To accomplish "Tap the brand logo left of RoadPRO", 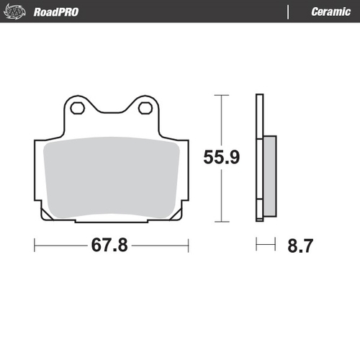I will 20,12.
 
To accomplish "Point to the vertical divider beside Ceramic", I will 288,12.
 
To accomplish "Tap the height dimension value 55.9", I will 220,157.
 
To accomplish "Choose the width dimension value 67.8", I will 109,246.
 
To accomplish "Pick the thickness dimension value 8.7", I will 300,246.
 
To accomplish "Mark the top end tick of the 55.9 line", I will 220,95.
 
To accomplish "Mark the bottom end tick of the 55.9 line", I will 220,221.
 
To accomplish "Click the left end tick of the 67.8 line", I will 35,246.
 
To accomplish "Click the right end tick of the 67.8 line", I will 188,246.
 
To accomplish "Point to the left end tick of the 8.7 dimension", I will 256,246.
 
